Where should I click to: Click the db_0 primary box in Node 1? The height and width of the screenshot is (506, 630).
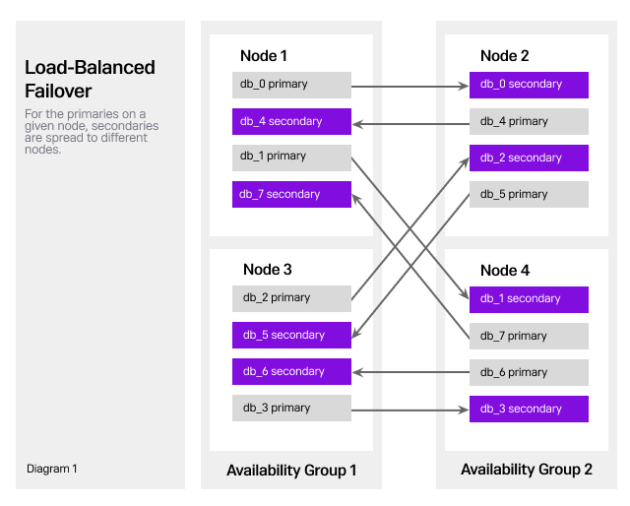tap(291, 85)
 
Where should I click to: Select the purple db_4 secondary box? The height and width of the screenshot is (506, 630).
tap(291, 122)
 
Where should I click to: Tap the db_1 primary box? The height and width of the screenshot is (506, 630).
tap(291, 158)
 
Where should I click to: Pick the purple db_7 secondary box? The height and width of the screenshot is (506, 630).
tap(291, 195)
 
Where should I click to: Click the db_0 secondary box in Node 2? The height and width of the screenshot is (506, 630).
tap(529, 85)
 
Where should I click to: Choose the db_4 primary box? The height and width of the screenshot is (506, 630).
tap(529, 122)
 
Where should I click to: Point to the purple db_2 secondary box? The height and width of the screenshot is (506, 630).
tap(529, 158)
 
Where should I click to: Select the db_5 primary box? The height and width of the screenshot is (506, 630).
tap(529, 195)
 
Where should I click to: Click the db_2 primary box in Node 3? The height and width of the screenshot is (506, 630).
tap(291, 298)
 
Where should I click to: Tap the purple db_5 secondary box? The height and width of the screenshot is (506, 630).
tap(291, 336)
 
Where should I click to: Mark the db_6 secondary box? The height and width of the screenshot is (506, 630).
tap(291, 372)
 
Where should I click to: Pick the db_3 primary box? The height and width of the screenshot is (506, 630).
tap(291, 409)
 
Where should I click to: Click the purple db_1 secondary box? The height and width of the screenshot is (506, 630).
tap(529, 299)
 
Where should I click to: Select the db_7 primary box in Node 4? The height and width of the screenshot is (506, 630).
tap(529, 337)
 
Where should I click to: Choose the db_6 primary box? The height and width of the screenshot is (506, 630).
tap(529, 373)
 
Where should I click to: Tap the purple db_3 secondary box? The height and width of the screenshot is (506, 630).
tap(529, 410)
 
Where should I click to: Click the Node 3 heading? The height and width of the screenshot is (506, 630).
tap(268, 270)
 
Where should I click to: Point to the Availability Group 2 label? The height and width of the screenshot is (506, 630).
tap(527, 471)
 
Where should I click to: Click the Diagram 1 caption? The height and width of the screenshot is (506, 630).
tap(52, 470)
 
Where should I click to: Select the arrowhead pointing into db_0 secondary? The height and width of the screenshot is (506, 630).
tap(464, 87)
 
